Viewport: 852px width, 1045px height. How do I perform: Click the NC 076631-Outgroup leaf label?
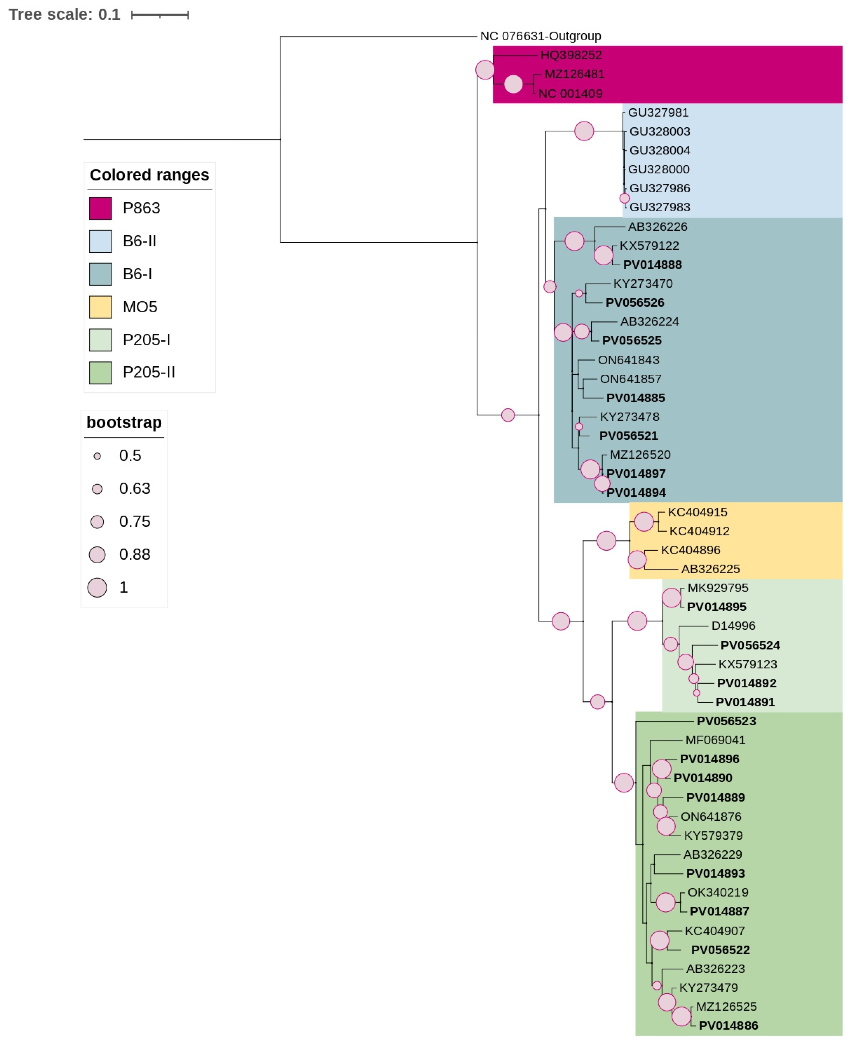540,36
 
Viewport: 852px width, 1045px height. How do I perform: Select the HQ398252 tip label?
571,55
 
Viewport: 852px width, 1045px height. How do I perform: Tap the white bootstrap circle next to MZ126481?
513,84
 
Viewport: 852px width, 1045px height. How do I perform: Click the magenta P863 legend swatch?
100,208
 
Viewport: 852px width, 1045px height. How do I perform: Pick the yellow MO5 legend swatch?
100,307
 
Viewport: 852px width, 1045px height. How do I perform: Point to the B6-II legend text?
140,241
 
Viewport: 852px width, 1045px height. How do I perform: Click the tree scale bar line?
160,15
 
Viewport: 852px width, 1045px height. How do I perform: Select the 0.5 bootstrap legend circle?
97,456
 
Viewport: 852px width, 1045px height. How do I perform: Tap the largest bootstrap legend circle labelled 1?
97,588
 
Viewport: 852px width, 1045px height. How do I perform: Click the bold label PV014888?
652,265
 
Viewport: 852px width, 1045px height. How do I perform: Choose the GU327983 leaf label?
660,207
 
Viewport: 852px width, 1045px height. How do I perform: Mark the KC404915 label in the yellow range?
697,512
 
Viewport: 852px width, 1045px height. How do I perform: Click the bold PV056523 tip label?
726,721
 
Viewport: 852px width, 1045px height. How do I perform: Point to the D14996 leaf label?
733,626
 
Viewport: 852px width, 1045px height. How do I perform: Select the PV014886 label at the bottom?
728,1025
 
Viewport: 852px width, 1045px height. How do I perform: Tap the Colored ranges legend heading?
149,175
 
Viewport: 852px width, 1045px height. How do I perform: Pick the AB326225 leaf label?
710,569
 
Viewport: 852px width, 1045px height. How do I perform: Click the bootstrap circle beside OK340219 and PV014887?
665,902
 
